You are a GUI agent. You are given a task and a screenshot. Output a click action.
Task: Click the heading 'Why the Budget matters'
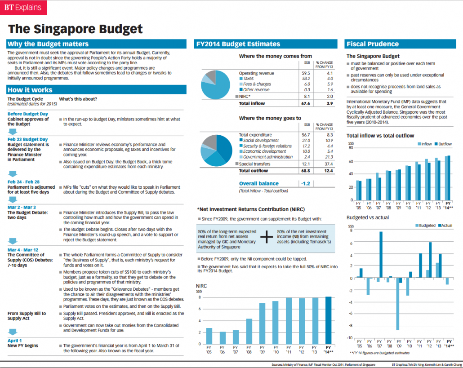48,44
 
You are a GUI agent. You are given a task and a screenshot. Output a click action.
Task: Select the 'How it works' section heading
30,90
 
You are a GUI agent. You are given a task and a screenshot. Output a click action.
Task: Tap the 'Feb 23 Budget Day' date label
27,139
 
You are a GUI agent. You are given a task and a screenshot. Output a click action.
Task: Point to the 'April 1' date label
15,341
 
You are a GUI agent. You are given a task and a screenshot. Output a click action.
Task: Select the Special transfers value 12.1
306,164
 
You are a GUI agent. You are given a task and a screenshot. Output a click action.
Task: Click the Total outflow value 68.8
306,171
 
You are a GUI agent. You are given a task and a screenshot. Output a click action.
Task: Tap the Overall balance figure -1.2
305,184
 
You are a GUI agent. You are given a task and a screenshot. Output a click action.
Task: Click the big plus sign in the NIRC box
267,237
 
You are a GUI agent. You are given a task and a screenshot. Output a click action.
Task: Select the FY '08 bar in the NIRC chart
249,331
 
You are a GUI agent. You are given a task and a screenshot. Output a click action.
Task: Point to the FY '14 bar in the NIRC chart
328,320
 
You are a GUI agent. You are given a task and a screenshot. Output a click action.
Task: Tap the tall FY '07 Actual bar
381,257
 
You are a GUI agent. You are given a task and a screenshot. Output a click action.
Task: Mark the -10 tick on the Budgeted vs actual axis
351,337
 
